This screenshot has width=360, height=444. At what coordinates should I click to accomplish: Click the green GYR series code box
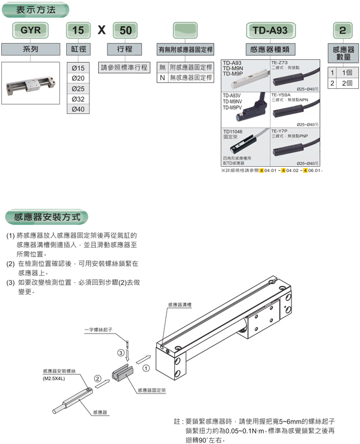30,30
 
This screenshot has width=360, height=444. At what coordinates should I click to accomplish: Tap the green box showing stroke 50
124,30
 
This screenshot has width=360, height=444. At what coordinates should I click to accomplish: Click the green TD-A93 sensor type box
270,30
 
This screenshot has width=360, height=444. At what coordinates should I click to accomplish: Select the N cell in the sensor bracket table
163,77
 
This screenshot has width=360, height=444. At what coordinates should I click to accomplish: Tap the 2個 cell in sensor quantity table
347,84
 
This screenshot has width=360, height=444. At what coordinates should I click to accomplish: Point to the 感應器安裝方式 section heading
47,217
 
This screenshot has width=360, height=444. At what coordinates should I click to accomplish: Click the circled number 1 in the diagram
146,368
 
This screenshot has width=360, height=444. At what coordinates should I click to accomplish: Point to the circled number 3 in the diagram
121,352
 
